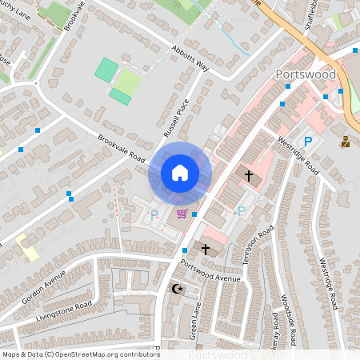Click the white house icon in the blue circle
(x=180, y=173)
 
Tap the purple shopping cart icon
(x=182, y=214)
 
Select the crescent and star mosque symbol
(x=178, y=288)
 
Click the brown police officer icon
(x=346, y=142)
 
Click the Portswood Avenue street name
(x=210, y=273)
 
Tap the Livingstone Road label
(x=64, y=311)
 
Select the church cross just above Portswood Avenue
(x=205, y=250)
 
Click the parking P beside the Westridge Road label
(x=306, y=142)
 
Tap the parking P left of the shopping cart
(x=154, y=214)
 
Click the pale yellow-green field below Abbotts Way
(x=127, y=81)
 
